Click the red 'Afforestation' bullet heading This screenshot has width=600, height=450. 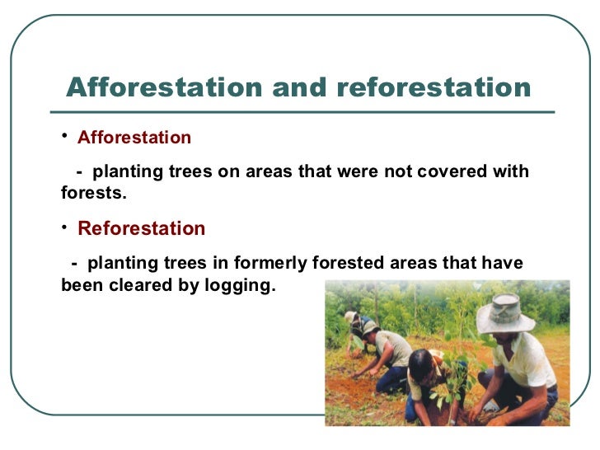[134, 138]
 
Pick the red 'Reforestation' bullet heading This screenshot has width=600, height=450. [141, 228]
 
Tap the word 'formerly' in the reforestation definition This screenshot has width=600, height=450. [271, 264]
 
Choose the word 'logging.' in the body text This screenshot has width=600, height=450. [242, 287]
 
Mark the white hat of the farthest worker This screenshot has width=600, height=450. [351, 316]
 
